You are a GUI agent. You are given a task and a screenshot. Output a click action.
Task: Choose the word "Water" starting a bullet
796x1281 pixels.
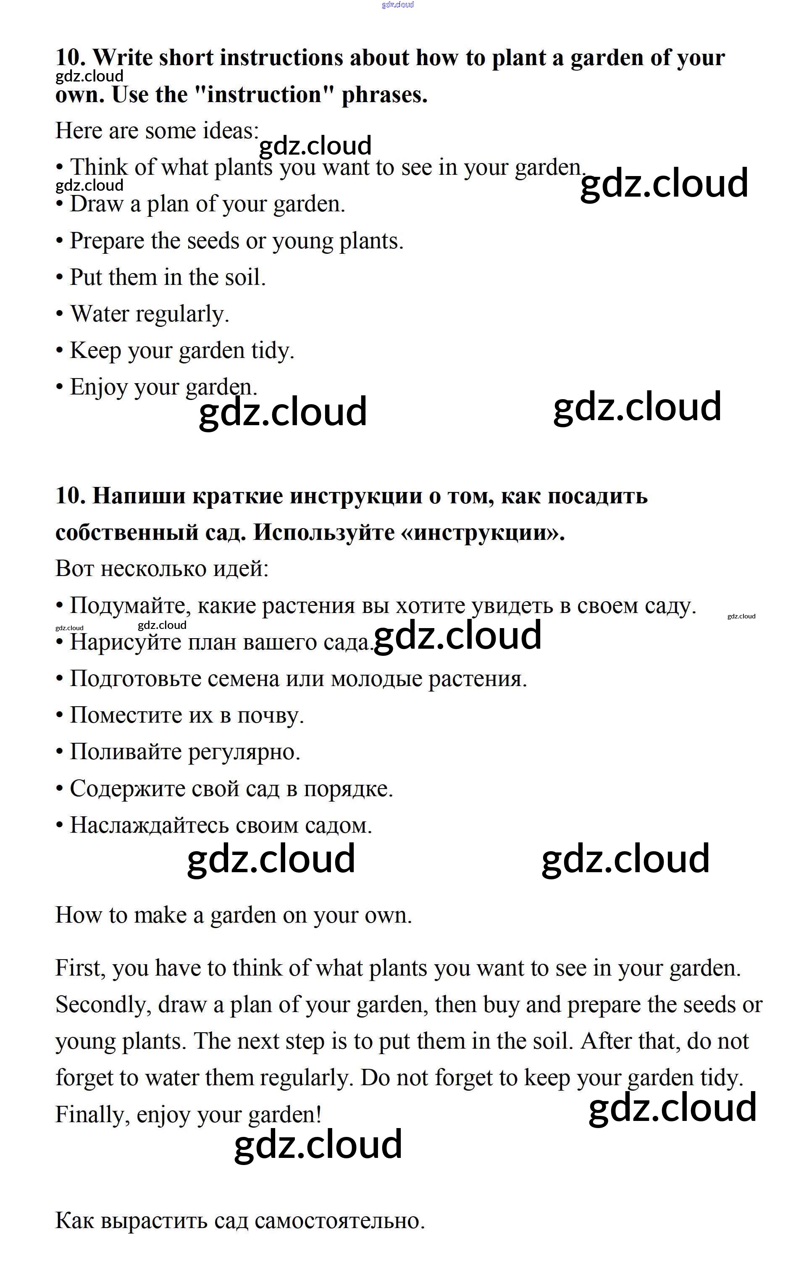pos(100,314)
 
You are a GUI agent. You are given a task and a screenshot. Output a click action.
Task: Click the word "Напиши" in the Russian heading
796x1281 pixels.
pos(139,496)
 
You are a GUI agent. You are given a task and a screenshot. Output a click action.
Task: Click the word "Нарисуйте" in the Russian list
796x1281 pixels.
pos(125,642)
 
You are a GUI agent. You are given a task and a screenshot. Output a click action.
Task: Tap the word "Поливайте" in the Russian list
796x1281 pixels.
pos(125,752)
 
